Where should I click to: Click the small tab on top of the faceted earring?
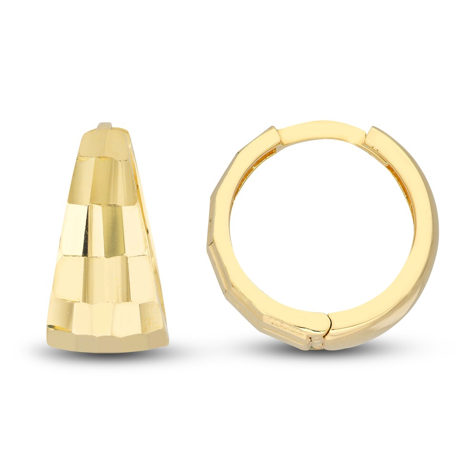tap(105, 126)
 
